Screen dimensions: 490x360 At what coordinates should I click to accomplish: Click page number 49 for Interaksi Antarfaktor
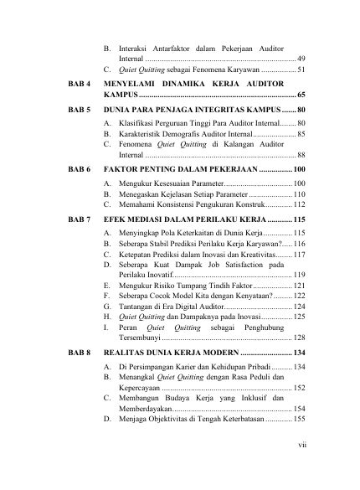coord(301,59)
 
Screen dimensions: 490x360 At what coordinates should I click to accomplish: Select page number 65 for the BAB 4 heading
coord(301,97)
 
